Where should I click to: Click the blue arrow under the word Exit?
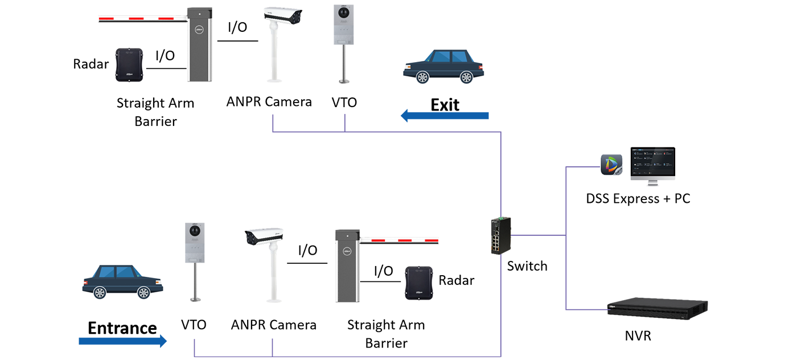[445, 116]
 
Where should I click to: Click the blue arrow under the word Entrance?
[122, 341]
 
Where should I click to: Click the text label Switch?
[527, 266]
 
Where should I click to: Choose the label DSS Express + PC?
[638, 199]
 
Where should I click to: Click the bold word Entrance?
[122, 328]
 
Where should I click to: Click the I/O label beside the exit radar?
[165, 56]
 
